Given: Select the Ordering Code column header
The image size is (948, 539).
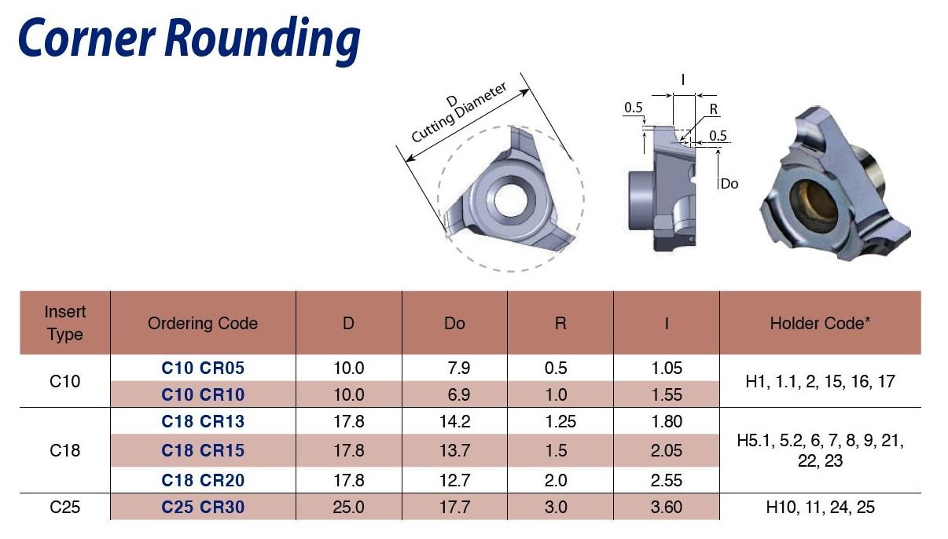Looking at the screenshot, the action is [x=203, y=323].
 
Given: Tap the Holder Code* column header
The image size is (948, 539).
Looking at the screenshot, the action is [x=820, y=323].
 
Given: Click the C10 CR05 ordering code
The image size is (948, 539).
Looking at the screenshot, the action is [x=203, y=368].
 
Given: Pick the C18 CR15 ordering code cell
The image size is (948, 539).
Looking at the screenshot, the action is [x=203, y=450].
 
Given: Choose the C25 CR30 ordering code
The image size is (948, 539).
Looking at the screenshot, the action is [x=203, y=507].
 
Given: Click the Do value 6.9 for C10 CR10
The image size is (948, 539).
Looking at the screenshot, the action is [x=459, y=394].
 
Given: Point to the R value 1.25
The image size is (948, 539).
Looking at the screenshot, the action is [x=560, y=421].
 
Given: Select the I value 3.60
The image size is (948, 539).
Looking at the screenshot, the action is [x=667, y=507].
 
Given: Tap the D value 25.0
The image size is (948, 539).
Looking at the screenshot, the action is [x=348, y=507].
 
